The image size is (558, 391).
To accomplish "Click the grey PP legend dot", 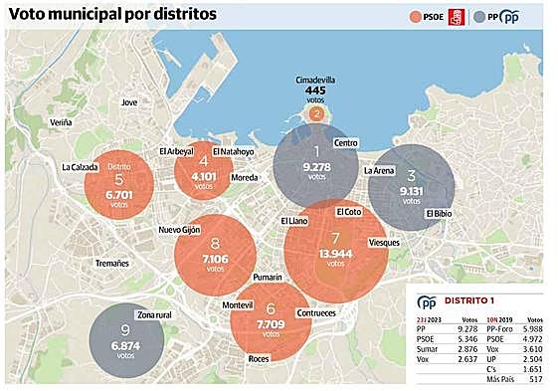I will [x=480, y=16].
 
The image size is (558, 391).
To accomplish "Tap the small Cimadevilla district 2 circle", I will [x=315, y=113].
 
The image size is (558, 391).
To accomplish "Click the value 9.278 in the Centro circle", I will [x=316, y=168].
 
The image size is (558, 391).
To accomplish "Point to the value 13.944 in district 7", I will [x=335, y=255].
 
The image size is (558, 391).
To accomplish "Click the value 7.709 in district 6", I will [x=271, y=324].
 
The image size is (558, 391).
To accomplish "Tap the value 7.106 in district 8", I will [x=215, y=258].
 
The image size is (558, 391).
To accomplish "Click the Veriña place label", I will [x=61, y=122].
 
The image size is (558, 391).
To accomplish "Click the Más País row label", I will [x=502, y=379].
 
